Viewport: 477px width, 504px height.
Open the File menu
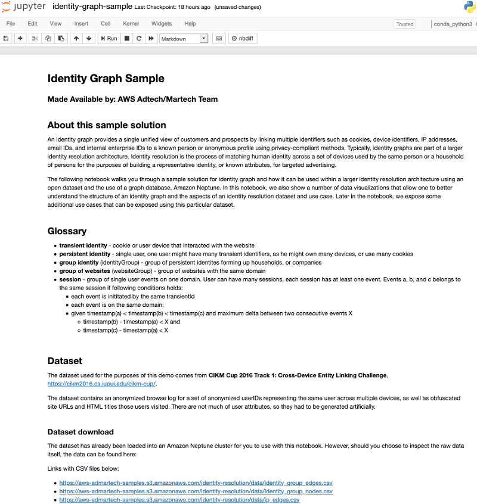tap(11, 24)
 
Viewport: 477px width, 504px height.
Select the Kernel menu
tap(131, 24)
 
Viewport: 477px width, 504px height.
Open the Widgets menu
tap(162, 24)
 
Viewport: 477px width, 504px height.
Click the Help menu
tap(190, 24)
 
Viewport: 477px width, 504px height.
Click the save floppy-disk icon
tap(6, 38)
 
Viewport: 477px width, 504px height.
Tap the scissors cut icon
tap(35, 38)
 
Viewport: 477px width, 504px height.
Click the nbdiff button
tap(244, 38)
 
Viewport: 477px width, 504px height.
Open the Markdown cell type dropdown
tap(184, 39)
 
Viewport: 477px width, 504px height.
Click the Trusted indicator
tap(404, 24)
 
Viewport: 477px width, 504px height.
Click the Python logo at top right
tap(469, 7)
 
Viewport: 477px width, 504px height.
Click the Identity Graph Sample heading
tap(106, 79)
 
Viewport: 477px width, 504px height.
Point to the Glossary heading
tap(67, 231)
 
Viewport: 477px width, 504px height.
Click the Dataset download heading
tap(80, 432)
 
